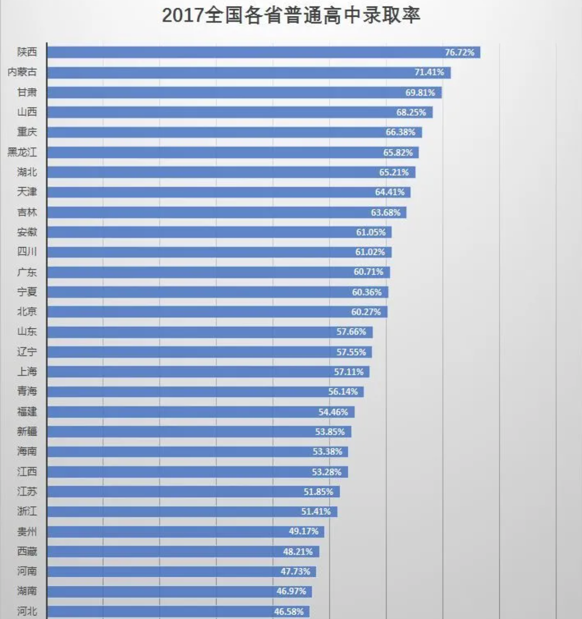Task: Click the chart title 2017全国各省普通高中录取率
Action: point(291,15)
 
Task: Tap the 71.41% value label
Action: point(429,72)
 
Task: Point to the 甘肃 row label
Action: point(27,92)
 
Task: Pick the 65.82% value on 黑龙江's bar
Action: point(398,152)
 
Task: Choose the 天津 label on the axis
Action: point(27,192)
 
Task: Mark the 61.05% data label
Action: point(371,232)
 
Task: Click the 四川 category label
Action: point(27,252)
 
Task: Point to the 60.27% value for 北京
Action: point(366,312)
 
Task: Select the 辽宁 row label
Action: point(27,352)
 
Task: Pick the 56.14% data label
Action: point(343,392)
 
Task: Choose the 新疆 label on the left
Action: point(27,431)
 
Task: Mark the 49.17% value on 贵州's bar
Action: point(303,532)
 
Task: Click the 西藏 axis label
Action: point(27,551)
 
